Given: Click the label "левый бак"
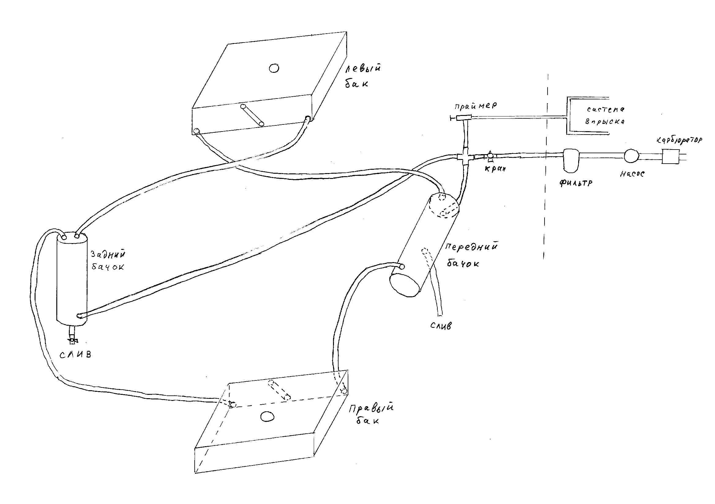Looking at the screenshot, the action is [x=363, y=76].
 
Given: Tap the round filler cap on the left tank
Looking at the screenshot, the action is [x=274, y=68].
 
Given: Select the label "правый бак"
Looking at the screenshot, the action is [x=371, y=414].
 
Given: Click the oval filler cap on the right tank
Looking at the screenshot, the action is [x=267, y=416].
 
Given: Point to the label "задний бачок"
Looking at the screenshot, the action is [x=108, y=260].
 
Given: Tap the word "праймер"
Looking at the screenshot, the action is [x=476, y=106].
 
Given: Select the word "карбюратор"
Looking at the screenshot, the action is [x=679, y=140].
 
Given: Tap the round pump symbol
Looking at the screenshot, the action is [x=631, y=156].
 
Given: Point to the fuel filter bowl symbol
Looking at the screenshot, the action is [x=571, y=161].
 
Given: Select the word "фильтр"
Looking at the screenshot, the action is [x=576, y=183].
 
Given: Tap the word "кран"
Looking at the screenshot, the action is [x=495, y=169].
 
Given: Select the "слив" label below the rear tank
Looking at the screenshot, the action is [x=75, y=354].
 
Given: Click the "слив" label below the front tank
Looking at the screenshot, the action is [x=441, y=326].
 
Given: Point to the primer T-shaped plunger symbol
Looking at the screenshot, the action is [x=461, y=118].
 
